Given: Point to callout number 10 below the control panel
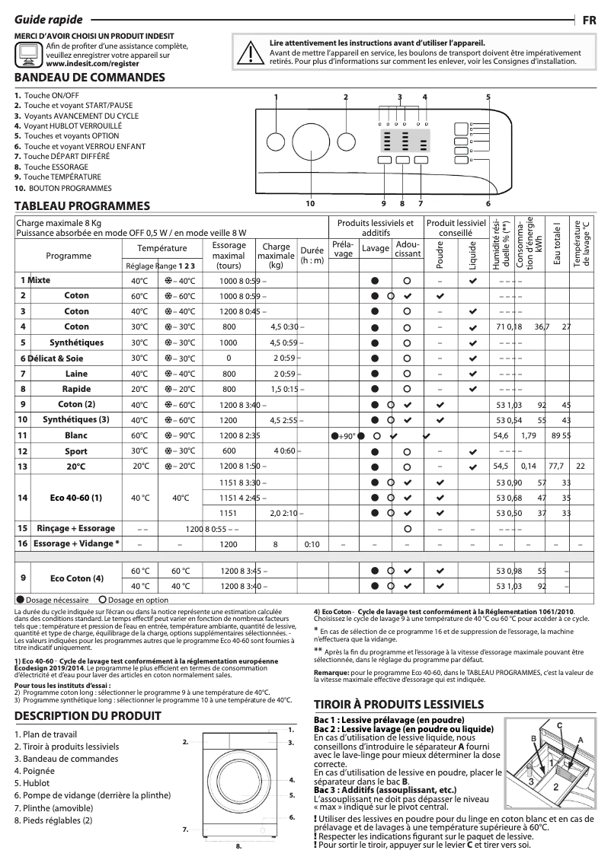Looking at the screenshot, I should tap(310, 203).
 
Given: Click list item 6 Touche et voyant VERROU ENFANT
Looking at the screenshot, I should tap(74, 145).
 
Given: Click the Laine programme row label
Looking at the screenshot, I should tap(76, 374).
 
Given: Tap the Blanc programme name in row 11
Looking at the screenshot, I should tap(76, 435).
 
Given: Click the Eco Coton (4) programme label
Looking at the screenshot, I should tap(76, 578).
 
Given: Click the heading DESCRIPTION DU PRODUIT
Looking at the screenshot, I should tap(88, 715).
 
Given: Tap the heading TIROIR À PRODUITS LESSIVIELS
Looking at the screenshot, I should tap(399, 705).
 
